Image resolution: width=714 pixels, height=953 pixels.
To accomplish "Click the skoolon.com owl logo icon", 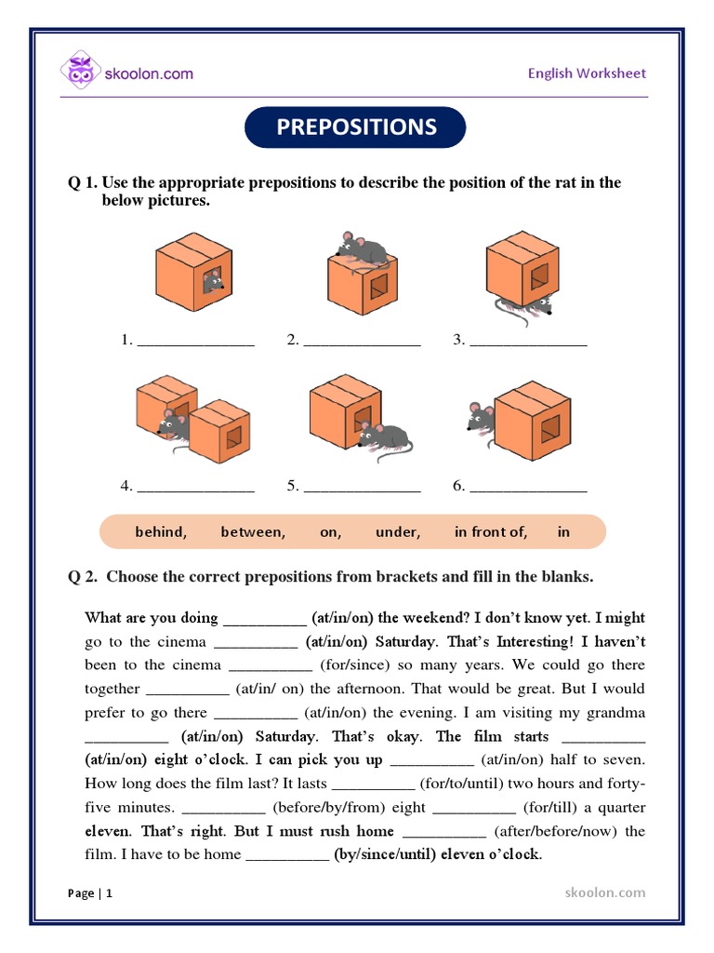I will coord(81,73).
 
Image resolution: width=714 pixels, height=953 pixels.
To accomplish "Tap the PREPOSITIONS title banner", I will coord(355,128).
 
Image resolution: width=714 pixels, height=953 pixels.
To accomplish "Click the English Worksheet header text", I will coord(587,74).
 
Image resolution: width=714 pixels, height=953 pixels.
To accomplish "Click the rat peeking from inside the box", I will coord(212,279).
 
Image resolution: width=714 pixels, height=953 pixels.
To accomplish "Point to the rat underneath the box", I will coord(526,307).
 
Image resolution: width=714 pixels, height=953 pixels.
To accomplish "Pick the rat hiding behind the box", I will coord(481,419).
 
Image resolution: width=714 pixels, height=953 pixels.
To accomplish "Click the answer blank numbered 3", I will coord(528,342).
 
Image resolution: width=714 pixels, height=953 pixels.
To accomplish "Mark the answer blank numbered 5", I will coord(362,487).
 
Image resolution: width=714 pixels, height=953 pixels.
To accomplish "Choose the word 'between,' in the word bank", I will coord(253,532).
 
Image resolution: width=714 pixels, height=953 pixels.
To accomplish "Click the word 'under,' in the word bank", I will coord(398,532).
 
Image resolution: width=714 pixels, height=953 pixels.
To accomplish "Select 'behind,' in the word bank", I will coord(161,532).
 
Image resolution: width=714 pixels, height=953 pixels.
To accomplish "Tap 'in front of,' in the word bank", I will coord(491,532).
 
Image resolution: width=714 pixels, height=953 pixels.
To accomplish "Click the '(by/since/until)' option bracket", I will coord(384,854).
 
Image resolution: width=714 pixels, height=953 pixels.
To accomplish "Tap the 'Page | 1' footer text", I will coord(90,893).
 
